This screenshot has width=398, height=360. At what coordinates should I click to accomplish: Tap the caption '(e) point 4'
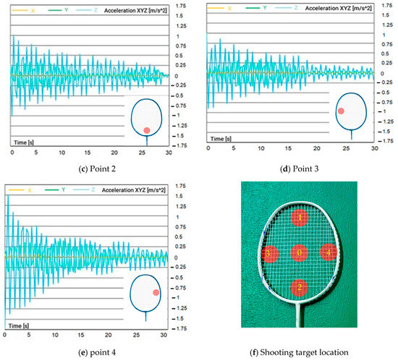tap(90, 354)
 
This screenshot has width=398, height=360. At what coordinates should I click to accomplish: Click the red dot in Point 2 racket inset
tap(147, 129)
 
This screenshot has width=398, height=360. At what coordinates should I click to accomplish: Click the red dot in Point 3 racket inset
tap(341, 111)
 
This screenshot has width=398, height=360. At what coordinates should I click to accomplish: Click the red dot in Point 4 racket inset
tap(156, 292)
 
